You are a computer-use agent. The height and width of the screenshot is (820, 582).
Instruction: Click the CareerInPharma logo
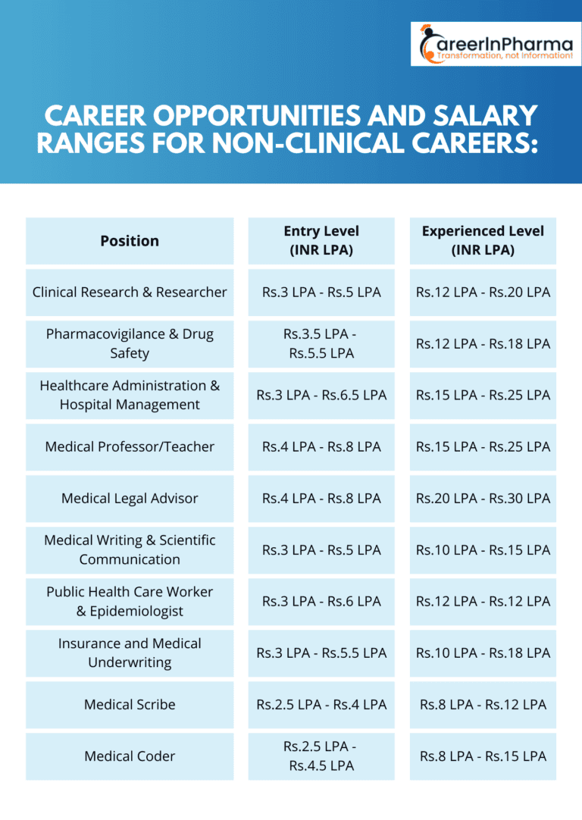[x=496, y=44]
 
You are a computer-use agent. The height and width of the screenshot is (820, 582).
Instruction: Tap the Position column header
[x=130, y=241]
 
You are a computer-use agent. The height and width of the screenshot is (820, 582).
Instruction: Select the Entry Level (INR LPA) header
[x=321, y=241]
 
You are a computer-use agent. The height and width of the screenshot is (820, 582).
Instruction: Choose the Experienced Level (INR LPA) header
[x=483, y=241]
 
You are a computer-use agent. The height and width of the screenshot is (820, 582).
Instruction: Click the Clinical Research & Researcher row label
[x=130, y=292]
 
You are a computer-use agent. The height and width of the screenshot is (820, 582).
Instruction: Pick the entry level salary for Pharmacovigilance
[x=321, y=343]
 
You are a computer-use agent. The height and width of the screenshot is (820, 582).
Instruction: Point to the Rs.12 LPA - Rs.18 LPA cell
[x=483, y=343]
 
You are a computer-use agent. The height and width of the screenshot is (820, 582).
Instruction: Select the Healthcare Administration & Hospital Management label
[x=130, y=395]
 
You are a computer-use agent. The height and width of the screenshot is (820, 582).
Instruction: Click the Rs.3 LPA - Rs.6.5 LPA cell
[x=321, y=395]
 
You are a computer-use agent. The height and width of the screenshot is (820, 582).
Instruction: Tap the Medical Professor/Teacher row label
[x=130, y=446]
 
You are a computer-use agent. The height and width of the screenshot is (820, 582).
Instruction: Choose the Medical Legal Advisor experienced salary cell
[x=483, y=498]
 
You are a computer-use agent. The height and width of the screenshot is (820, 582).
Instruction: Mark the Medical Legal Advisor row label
[x=130, y=498]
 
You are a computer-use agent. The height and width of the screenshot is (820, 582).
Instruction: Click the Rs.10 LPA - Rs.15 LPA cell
[x=483, y=549]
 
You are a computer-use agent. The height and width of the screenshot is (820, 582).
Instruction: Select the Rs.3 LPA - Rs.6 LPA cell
[x=321, y=601]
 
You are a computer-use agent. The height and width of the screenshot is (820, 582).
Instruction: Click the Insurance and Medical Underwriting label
[x=130, y=653]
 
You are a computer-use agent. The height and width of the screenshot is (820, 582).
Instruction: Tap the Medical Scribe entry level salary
[x=321, y=704]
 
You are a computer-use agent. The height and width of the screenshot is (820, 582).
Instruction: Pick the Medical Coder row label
[x=130, y=756]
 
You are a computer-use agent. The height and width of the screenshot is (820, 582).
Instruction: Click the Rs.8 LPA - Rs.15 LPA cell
[x=483, y=756]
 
